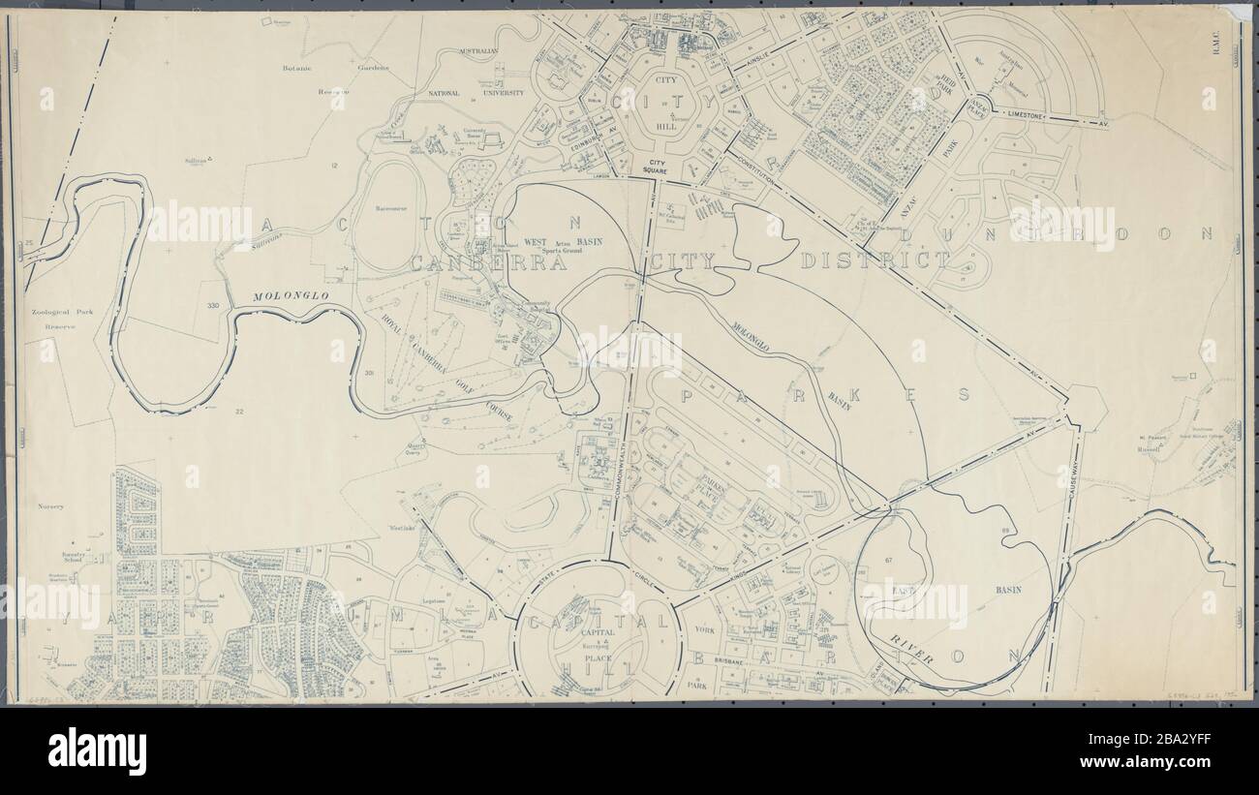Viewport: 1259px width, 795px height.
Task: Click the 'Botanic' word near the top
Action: (296, 69)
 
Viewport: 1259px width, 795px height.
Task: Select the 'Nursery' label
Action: (50, 506)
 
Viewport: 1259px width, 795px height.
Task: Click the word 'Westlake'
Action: (401, 528)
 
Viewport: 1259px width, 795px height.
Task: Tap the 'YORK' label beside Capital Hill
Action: (704, 629)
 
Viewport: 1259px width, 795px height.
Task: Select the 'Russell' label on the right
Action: (1150, 449)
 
